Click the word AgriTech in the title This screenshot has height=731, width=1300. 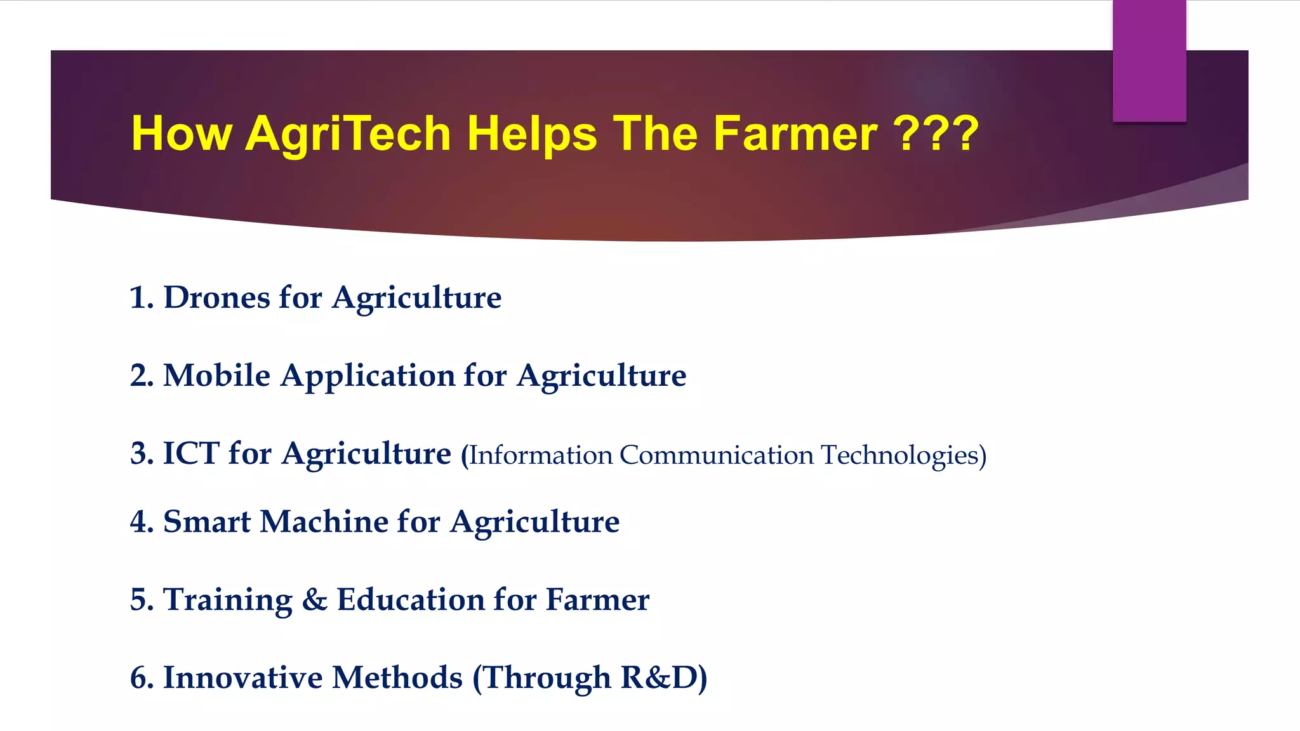[348, 134]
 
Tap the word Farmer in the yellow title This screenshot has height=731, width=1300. [795, 134]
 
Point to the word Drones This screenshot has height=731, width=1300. [216, 298]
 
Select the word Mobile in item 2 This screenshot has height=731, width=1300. [216, 376]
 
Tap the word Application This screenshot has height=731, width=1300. [368, 376]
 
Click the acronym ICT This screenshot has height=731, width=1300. [191, 454]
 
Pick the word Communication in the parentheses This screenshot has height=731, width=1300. [716, 456]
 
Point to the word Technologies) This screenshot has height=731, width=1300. [903, 456]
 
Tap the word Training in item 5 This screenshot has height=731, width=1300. [227, 600]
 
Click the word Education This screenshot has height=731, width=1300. [411, 600]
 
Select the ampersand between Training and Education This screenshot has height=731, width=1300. [315, 600]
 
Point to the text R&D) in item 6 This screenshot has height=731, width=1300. [663, 678]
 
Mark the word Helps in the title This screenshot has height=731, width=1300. [532, 134]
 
